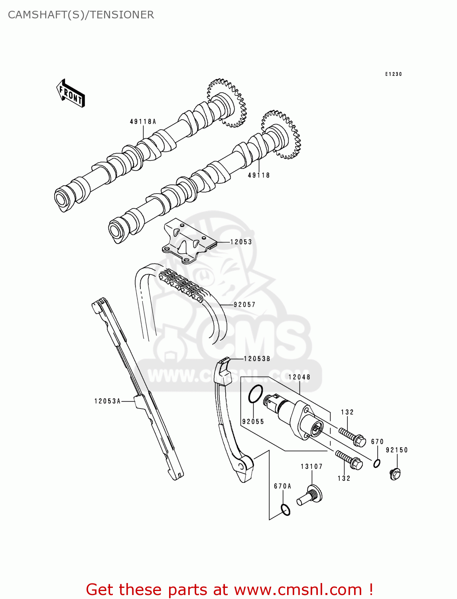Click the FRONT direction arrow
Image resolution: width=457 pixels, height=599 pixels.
pos(71,93)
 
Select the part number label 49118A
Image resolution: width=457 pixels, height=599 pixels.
pos(143,121)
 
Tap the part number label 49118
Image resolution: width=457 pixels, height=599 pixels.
pos(259,175)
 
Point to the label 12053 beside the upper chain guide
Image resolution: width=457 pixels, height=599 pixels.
pos(241,242)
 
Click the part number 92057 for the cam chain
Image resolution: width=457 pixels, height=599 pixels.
pos(244,304)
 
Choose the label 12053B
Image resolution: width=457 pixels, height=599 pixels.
pos(257,359)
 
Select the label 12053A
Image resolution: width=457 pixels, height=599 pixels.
pos(107,401)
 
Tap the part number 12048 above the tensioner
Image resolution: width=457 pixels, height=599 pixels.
pos(299,377)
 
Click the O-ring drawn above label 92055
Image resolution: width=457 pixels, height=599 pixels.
pos(255,394)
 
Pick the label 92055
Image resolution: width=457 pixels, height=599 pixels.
pos(253,421)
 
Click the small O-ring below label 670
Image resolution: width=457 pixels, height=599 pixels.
pos(377,463)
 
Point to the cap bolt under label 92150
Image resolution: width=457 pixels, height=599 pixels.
pos(395,474)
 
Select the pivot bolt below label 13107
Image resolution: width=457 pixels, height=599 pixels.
pos(310,495)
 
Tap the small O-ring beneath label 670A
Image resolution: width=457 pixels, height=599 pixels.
pos(285,510)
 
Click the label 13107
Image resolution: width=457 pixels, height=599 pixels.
pos(311,466)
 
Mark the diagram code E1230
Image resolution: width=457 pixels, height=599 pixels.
pos(393,74)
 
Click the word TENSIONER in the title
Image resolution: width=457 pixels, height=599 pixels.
pos(122,15)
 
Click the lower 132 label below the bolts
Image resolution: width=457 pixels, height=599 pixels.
pos(343,478)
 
